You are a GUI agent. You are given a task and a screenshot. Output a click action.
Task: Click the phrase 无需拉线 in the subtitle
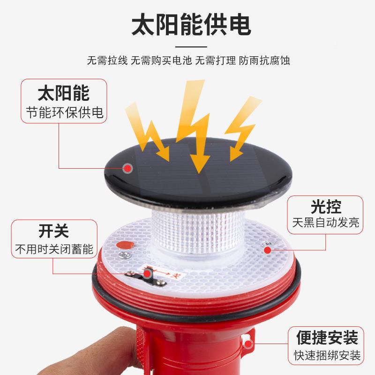pyautogui.click(x=107, y=61)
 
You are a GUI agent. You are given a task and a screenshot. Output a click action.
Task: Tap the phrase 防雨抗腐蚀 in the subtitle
pyautogui.click(x=262, y=61)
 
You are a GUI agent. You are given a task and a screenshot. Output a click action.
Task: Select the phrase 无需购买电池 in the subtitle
pyautogui.click(x=162, y=61)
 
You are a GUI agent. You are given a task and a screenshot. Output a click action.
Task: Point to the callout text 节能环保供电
pyautogui.click(x=64, y=112)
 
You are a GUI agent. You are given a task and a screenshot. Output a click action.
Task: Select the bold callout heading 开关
pyautogui.click(x=53, y=231)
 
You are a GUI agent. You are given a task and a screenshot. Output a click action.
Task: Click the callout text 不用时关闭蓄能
pyautogui.click(x=54, y=248)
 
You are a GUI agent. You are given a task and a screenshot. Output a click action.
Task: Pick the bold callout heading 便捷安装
pyautogui.click(x=327, y=337)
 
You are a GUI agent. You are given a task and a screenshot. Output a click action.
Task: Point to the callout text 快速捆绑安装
pyautogui.click(x=327, y=355)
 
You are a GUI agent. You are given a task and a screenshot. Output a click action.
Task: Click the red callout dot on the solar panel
pyautogui.click(x=127, y=167)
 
